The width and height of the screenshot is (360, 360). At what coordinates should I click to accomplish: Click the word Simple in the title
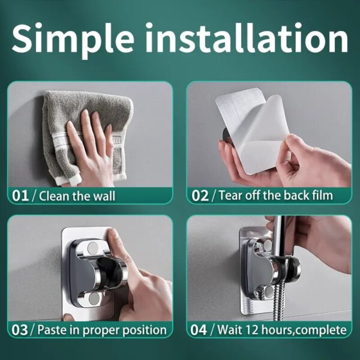coord(73,38)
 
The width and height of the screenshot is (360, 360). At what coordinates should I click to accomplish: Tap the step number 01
coord(20,196)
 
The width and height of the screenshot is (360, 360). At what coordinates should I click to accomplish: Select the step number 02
coord(200,196)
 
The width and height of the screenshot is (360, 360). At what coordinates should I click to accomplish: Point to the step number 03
coord(20,330)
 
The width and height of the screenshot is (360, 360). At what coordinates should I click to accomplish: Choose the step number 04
coord(199,330)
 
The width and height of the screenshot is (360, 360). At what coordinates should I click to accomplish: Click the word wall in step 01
coord(104,196)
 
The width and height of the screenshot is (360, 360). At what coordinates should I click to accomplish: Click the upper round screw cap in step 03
coord(93,247)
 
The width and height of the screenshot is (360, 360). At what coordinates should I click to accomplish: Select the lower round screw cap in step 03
coord(94,298)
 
